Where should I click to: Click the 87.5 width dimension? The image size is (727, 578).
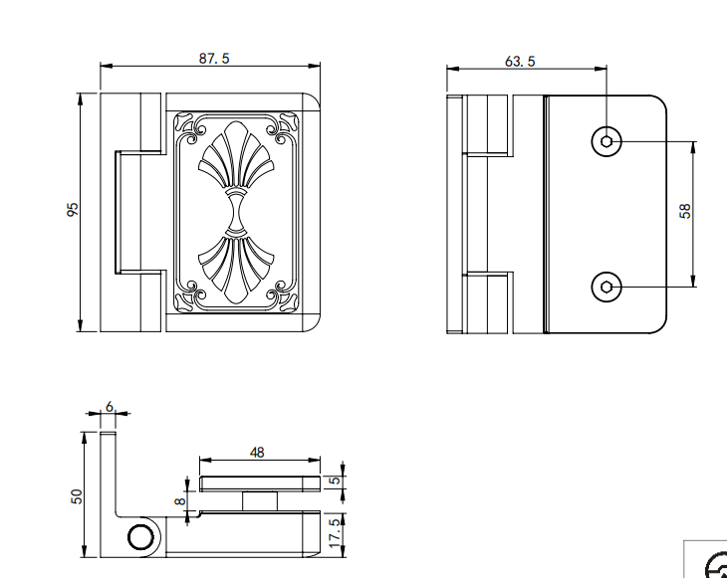tap(214, 59)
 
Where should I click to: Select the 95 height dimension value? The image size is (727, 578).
tap(73, 209)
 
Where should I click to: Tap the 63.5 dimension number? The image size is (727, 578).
tap(520, 61)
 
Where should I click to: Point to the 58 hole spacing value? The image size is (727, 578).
tap(685, 211)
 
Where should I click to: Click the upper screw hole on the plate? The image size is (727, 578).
tap(606, 141)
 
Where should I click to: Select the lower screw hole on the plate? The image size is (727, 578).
tap(606, 288)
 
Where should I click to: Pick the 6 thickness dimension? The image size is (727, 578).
tap(109, 407)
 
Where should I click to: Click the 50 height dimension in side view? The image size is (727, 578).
tap(77, 496)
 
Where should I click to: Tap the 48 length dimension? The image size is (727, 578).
tap(257, 453)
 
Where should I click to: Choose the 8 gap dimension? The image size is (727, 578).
tap(180, 501)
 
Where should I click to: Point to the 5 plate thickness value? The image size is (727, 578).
tap(335, 481)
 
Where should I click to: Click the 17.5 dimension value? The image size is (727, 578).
tap(335, 533)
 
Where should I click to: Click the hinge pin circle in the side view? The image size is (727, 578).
tap(140, 537)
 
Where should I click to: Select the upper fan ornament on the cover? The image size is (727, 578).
tap(236, 156)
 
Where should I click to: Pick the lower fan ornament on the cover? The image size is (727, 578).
tap(236, 270)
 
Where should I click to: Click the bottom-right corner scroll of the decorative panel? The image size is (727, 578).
tap(282, 295)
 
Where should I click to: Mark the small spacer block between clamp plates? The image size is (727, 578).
tap(260, 501)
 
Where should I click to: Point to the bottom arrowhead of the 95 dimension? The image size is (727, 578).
tap(81, 325)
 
